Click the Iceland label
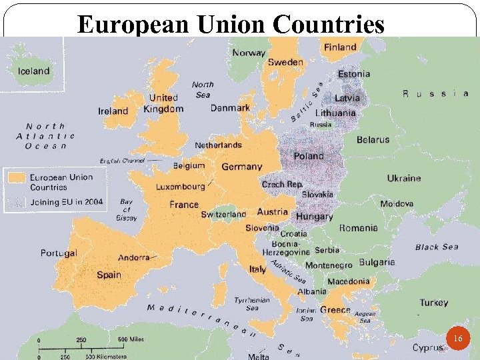coord(33,71)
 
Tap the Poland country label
coord(309,156)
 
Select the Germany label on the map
coord(242,167)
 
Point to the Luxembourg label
coord(181,187)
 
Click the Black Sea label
coord(437,247)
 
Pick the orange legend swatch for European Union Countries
coord(17,177)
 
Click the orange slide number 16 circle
coord(457,339)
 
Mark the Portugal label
coord(59,253)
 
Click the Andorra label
coord(134,257)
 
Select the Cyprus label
coord(427,348)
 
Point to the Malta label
coord(258,356)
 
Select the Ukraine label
coord(404,178)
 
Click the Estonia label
coord(354,74)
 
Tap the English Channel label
coord(123,161)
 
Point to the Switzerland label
coord(223,215)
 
